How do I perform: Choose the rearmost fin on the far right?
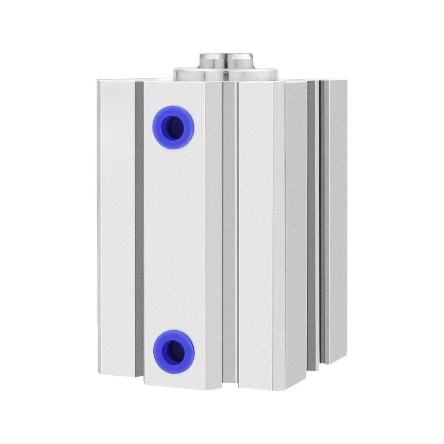[338, 222]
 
